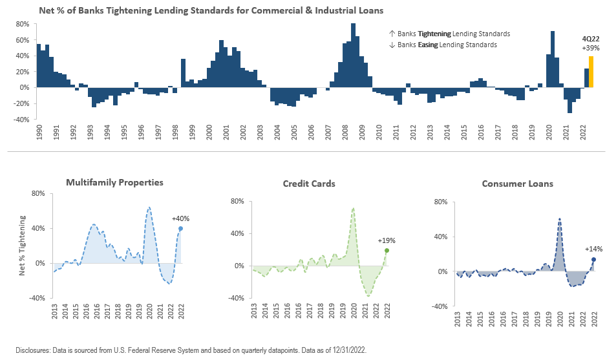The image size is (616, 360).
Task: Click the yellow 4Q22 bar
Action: tap(591, 72)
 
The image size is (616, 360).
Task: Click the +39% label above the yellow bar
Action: tap(591, 48)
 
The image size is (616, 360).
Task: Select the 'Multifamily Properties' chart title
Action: tap(114, 183)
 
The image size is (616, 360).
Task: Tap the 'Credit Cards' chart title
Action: tap(309, 184)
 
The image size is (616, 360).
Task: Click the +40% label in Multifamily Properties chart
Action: tap(180, 218)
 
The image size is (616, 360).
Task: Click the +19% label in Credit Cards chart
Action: tap(387, 240)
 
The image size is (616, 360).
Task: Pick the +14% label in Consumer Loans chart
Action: tap(593, 249)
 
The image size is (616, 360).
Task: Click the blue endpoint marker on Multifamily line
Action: tap(180, 228)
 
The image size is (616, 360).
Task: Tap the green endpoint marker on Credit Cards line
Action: tap(387, 250)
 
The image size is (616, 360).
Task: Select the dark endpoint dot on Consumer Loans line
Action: tap(593, 259)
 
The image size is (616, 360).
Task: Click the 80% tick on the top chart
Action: tap(23, 24)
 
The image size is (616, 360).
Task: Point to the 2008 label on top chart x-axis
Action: tap(343, 133)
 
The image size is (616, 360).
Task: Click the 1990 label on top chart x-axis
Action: tap(39, 133)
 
